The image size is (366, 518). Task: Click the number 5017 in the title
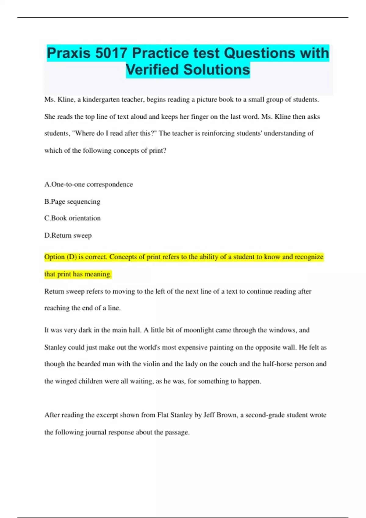(111, 53)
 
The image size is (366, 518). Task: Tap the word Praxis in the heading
(69, 53)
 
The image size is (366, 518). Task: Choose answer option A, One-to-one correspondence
(88, 184)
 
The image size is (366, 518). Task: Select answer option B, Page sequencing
(72, 201)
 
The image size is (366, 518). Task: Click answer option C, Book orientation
(72, 218)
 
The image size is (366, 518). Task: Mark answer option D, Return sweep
(68, 235)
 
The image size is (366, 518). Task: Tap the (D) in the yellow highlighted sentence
(72, 257)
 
